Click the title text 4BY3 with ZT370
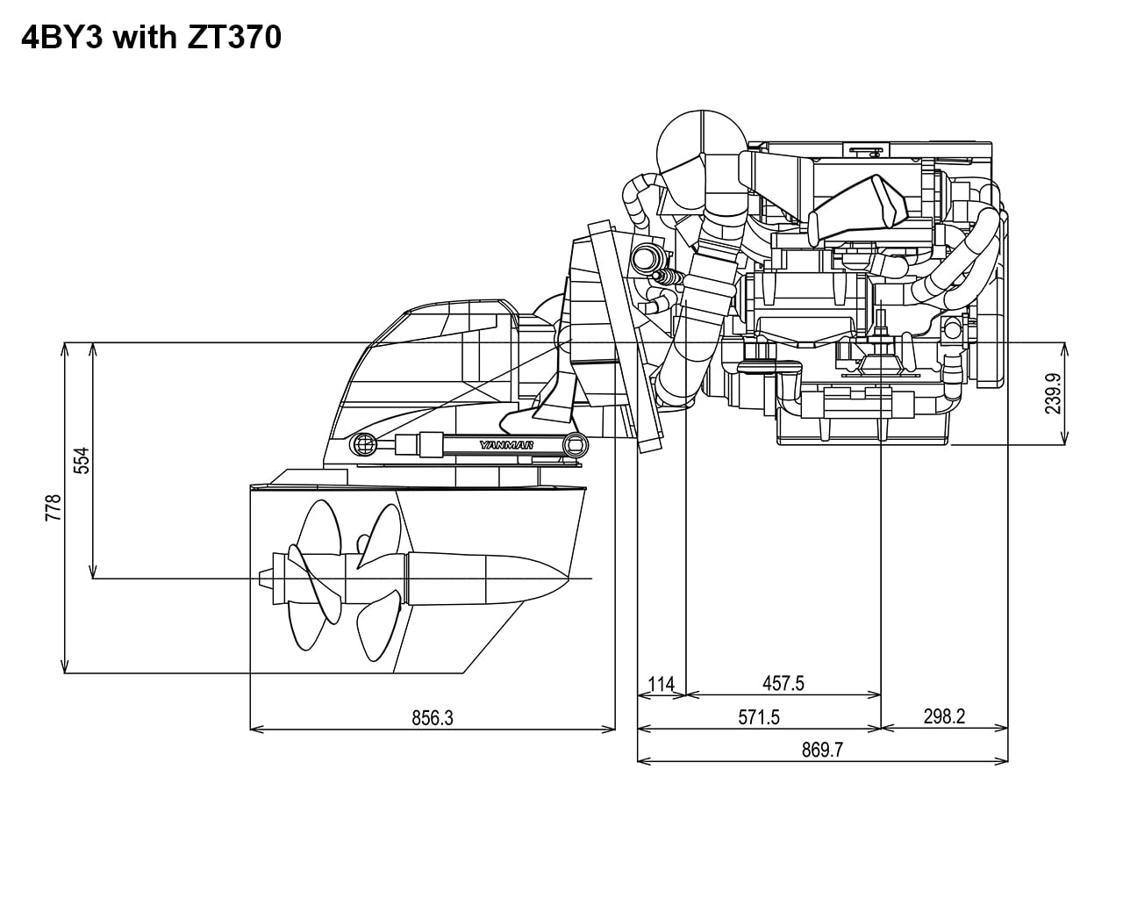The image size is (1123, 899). [x=150, y=38]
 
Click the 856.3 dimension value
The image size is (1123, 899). [x=433, y=717]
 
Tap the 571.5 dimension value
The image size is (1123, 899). [x=758, y=717]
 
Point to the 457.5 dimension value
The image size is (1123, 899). [x=783, y=683]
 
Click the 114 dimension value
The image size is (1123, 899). [x=661, y=683]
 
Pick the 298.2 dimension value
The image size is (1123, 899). [x=944, y=716]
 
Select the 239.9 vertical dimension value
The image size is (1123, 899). [x=1053, y=393]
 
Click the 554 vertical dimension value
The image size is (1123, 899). [x=81, y=460]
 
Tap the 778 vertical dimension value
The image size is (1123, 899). [x=53, y=507]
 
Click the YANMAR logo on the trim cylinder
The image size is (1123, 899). [x=506, y=445]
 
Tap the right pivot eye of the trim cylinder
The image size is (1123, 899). [x=576, y=444]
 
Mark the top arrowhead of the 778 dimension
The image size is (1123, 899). [x=65, y=348]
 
